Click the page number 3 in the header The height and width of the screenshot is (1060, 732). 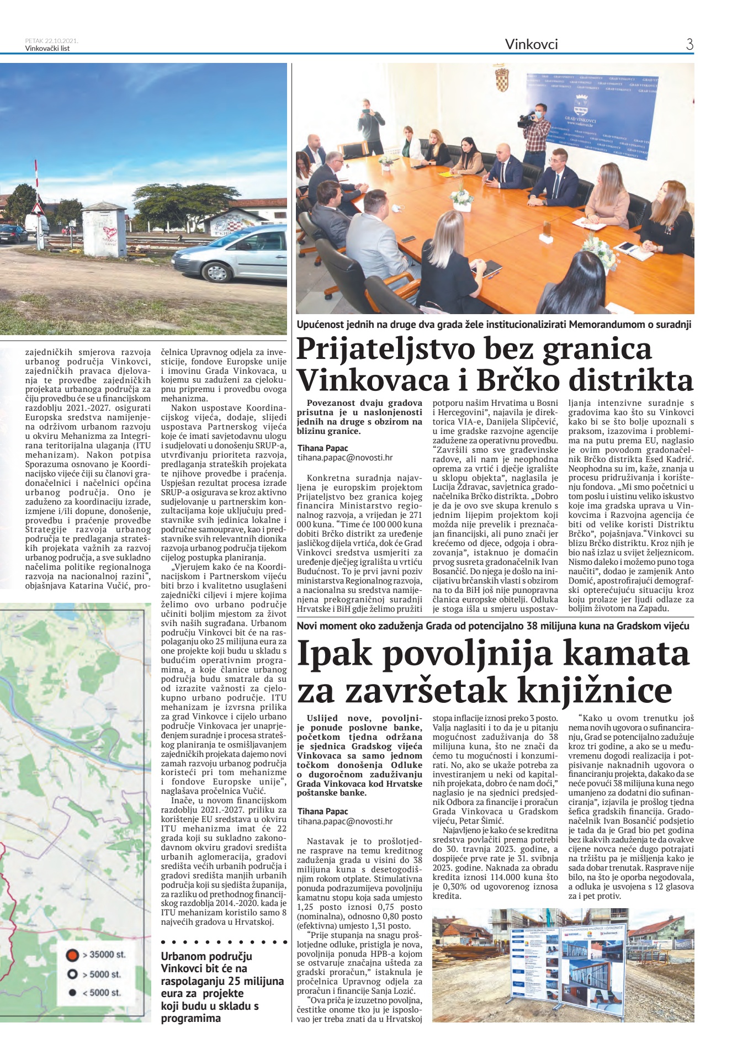(x=689, y=45)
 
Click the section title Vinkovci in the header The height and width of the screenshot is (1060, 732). (x=531, y=45)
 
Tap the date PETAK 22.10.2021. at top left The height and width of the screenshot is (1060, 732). (x=51, y=40)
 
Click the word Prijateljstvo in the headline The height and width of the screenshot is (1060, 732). (x=386, y=349)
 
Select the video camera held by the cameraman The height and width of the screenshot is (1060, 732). (x=527, y=118)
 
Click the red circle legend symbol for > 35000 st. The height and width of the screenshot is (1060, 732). (x=72, y=955)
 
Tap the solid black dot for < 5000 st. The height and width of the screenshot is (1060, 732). (x=72, y=993)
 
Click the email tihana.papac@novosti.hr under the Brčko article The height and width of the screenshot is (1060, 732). (x=345, y=458)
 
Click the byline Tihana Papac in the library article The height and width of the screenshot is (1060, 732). (x=323, y=811)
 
